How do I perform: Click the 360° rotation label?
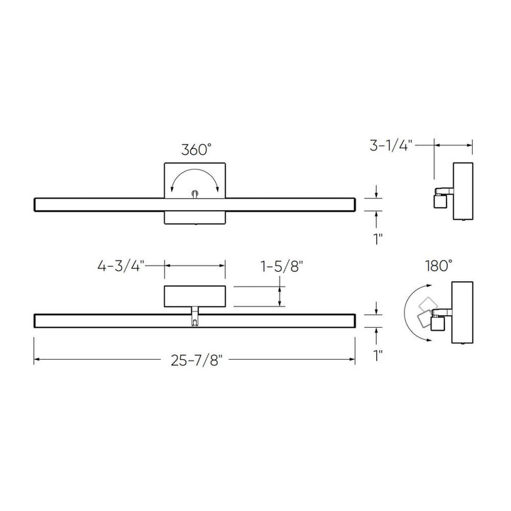tap(196, 150)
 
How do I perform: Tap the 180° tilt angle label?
tap(439, 266)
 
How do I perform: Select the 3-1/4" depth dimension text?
tap(389, 147)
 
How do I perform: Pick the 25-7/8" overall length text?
tap(196, 361)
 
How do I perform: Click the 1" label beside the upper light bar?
tap(378, 238)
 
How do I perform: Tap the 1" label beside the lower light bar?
tap(378, 353)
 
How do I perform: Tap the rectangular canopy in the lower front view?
tap(195, 295)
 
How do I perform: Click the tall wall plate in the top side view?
tap(462, 191)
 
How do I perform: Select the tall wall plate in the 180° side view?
tap(462, 311)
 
